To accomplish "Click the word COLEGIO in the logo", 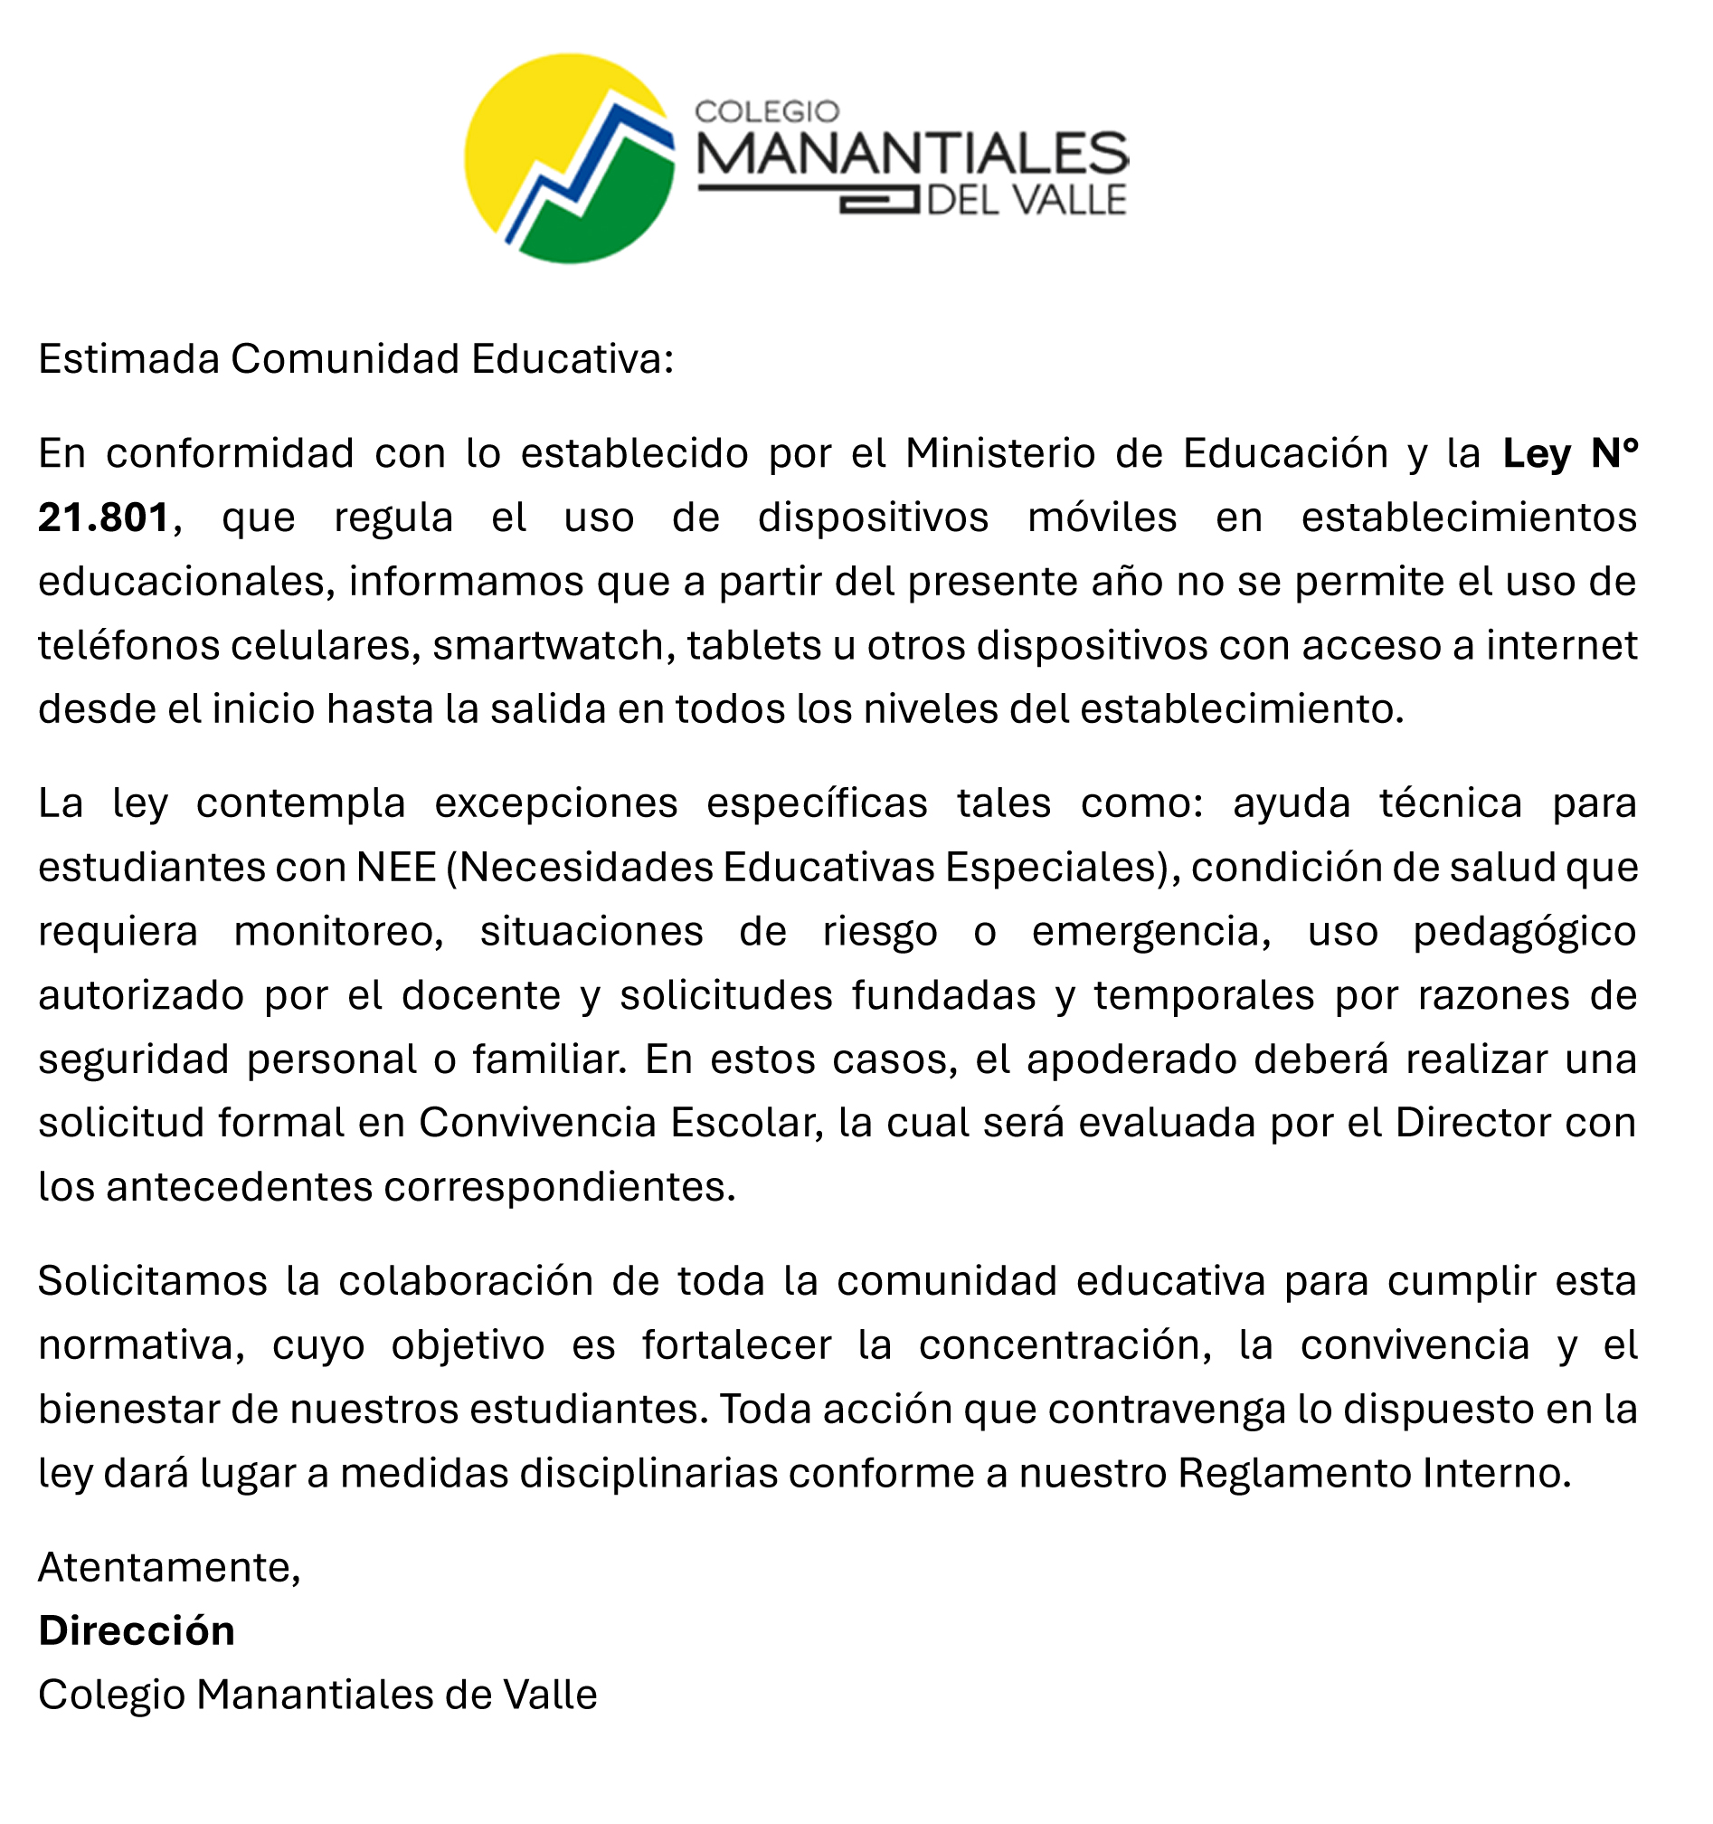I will click(767, 112).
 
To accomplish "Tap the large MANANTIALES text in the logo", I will click(913, 154).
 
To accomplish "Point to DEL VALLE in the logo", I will click(1027, 201).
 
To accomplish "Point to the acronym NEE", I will click(396, 867).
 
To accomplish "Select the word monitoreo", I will click(337, 931).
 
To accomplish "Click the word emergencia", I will click(1150, 931).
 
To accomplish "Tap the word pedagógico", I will click(1524, 931).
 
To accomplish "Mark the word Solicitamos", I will click(152, 1281).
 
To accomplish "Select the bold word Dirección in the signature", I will click(137, 1631).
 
